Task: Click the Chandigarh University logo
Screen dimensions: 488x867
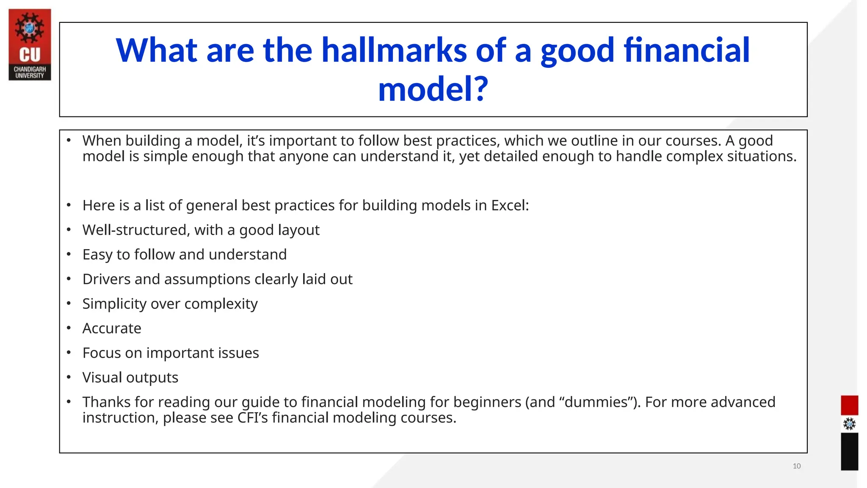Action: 30,44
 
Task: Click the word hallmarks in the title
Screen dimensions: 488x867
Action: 394,50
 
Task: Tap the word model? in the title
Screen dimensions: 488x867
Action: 433,89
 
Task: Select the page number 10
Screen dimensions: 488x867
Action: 796,466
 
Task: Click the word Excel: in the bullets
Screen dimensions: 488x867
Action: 510,205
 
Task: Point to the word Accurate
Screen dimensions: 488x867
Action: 112,328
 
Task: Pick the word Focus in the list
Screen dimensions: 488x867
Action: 102,353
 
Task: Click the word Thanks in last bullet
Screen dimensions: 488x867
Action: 107,402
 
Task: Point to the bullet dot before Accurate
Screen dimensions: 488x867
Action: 69,328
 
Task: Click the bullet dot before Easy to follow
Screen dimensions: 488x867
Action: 69,254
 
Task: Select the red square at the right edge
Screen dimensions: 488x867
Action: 849,405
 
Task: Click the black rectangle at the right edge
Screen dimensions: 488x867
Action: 849,452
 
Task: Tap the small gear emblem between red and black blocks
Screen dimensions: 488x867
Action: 849,424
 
